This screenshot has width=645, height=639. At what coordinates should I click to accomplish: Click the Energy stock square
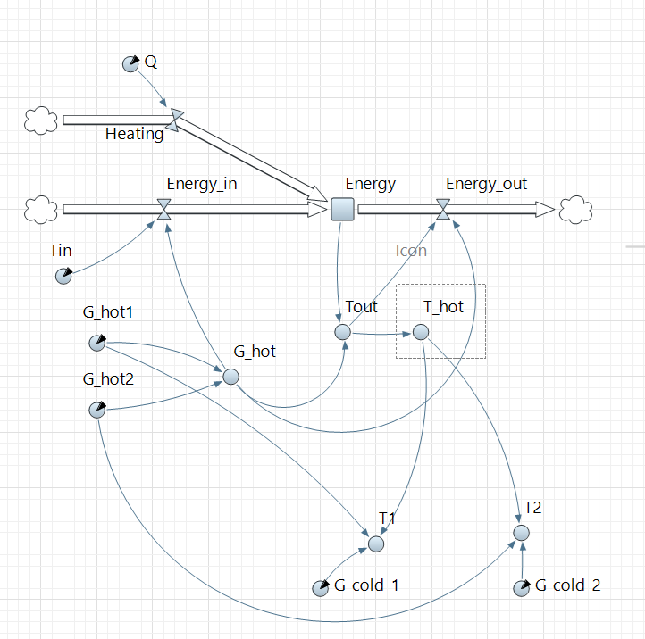click(343, 209)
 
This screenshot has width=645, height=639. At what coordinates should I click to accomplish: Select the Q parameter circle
click(130, 63)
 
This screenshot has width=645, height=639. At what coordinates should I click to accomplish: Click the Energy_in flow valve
click(163, 210)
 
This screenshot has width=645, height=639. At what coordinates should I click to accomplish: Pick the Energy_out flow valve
click(443, 210)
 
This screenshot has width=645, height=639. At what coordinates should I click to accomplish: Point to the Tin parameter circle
click(63, 276)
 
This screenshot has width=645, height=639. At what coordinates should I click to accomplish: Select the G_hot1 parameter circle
click(96, 343)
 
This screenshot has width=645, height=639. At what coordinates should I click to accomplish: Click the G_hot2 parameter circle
click(96, 410)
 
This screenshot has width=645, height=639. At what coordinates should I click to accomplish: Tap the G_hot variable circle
click(230, 377)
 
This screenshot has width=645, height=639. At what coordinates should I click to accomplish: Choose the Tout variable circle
click(342, 332)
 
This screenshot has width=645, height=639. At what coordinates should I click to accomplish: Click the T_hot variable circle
click(421, 332)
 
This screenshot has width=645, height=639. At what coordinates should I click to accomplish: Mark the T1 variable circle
click(376, 543)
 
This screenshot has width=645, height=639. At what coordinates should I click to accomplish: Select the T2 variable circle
click(522, 533)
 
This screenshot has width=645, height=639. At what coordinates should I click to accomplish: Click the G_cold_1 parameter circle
click(320, 588)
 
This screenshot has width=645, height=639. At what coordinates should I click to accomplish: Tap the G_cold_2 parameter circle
click(522, 588)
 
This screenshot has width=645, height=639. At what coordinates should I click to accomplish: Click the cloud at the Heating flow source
click(40, 120)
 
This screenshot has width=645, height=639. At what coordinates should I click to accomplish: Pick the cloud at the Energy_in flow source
click(40, 209)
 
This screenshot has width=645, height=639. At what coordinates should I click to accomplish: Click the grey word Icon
click(411, 251)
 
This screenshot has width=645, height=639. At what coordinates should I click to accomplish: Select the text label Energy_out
click(487, 184)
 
